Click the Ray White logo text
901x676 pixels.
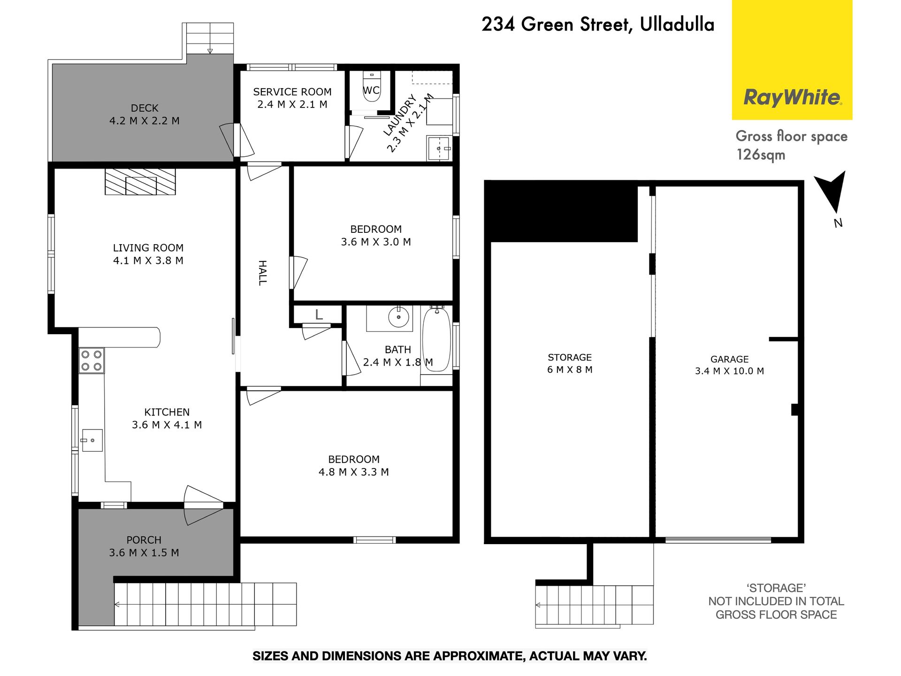point(793,98)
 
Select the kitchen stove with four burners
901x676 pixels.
point(92,361)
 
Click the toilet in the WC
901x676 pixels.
point(372,86)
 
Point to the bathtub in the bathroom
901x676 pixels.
point(436,339)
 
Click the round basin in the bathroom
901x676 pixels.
point(399,318)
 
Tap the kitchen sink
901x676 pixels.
point(92,440)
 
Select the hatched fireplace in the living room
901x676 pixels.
point(140,181)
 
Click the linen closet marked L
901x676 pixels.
point(319,315)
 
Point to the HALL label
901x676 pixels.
point(263,273)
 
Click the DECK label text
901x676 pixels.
point(145,108)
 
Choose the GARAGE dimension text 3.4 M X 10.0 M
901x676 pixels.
point(729,371)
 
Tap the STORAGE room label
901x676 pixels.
point(570,357)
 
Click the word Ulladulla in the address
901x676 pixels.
point(677,24)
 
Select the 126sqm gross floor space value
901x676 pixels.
point(761,154)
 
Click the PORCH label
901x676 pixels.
point(144,540)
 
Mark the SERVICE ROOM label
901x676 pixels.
point(292,92)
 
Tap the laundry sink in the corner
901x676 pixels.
point(439,148)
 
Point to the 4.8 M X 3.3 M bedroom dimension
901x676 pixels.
point(354,472)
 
